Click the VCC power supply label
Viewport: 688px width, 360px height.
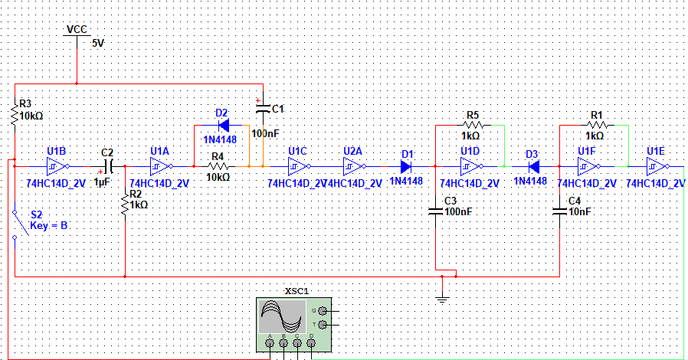click(77, 29)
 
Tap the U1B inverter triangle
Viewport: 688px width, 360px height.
click(57, 167)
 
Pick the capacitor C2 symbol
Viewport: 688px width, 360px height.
click(109, 167)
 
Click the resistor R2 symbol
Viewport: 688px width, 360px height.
click(125, 204)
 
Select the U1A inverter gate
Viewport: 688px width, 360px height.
click(161, 167)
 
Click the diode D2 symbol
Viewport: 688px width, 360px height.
click(224, 126)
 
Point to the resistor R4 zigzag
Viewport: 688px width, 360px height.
click(218, 167)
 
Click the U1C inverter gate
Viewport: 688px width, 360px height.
click(299, 167)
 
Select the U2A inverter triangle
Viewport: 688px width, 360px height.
click(354, 167)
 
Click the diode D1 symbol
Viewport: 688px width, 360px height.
click(406, 167)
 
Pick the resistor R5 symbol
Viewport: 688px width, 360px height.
click(473, 126)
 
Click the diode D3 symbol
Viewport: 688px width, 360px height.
click(534, 167)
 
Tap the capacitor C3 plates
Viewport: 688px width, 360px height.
click(435, 212)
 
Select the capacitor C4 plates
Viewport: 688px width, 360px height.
click(559, 212)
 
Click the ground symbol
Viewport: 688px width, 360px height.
click(442, 300)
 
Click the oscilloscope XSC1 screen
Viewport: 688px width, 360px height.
click(282, 316)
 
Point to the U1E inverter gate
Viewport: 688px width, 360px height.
click(657, 167)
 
